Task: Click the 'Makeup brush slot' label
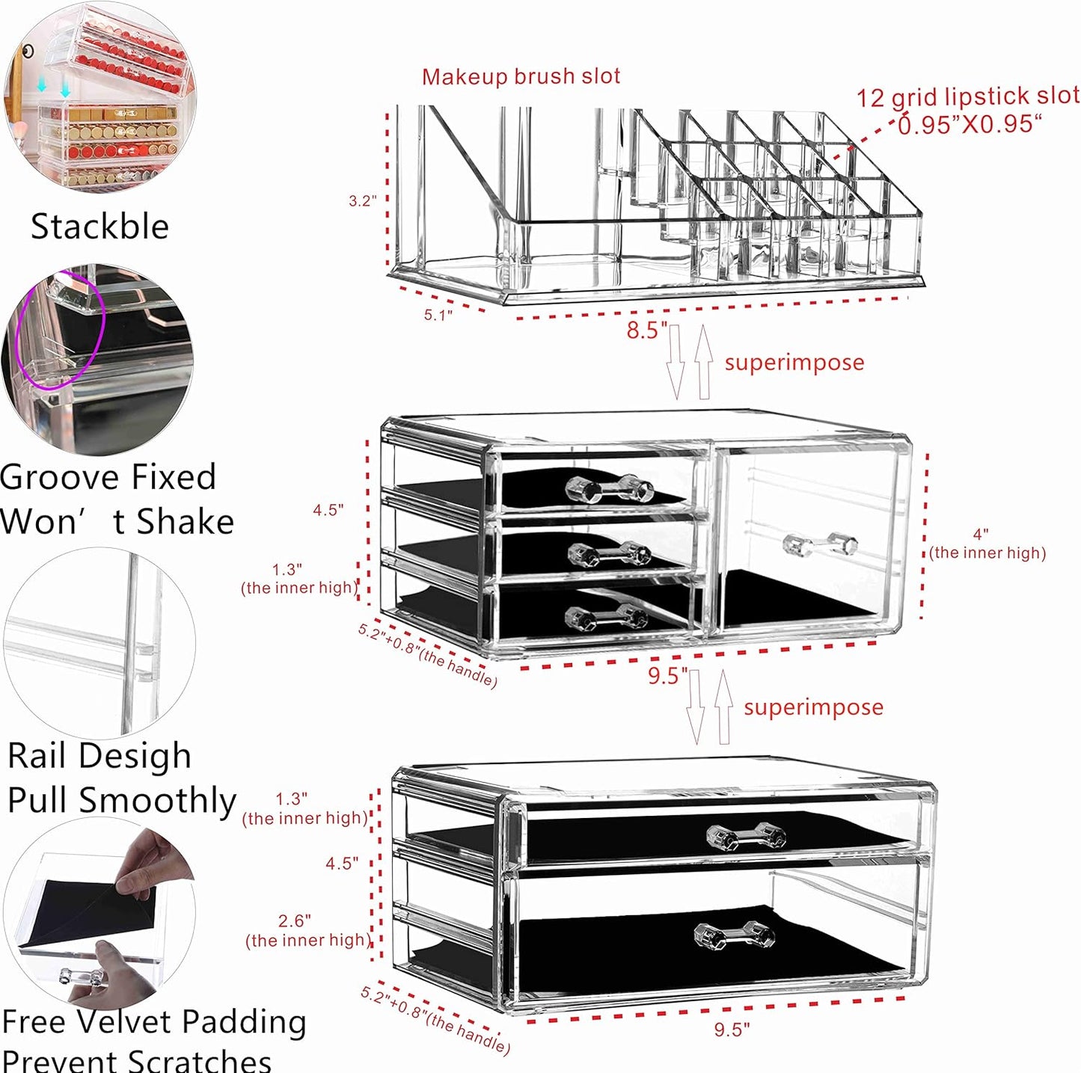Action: coord(521,76)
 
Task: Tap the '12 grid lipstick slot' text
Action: coord(967,97)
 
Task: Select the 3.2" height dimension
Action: coord(362,200)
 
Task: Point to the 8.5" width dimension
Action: coord(646,330)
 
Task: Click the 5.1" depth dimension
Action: coord(438,315)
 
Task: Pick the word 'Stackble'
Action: coord(99,227)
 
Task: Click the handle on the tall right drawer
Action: coord(819,544)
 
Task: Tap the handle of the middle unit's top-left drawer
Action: coord(610,489)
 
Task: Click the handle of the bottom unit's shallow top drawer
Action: coord(746,836)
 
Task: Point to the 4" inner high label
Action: coord(986,544)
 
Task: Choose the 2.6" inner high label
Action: coord(305,931)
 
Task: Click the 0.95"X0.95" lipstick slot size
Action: coord(969,124)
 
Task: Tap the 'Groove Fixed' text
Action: coord(108,477)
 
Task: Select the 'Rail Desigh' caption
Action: coord(99,755)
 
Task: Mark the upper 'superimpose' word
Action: coord(794,363)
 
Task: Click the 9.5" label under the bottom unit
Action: coord(731,1030)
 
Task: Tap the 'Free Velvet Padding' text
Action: coord(154,1021)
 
